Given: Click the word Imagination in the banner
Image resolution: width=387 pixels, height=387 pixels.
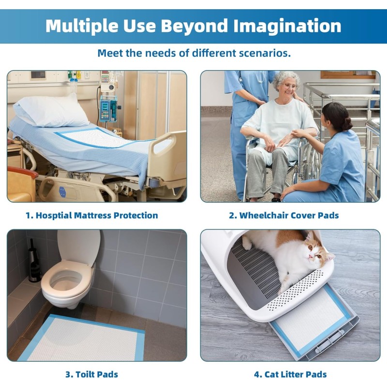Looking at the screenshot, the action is (x=287, y=26).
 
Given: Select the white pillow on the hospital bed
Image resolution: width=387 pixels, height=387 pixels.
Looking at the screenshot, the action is (x=51, y=111).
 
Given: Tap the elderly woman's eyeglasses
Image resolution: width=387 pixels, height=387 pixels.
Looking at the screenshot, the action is (x=289, y=86).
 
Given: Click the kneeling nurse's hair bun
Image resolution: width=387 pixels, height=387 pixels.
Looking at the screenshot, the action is (x=347, y=123).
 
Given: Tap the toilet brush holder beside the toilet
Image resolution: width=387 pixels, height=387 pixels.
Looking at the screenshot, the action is (x=33, y=262).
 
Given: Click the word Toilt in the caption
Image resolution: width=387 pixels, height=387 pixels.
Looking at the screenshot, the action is (x=85, y=374).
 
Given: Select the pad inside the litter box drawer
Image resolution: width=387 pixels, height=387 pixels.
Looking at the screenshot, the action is (x=312, y=318).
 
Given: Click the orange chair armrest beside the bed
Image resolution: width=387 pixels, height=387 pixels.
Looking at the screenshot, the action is (x=23, y=172).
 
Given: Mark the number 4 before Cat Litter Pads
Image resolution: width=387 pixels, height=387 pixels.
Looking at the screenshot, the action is (x=257, y=374).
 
